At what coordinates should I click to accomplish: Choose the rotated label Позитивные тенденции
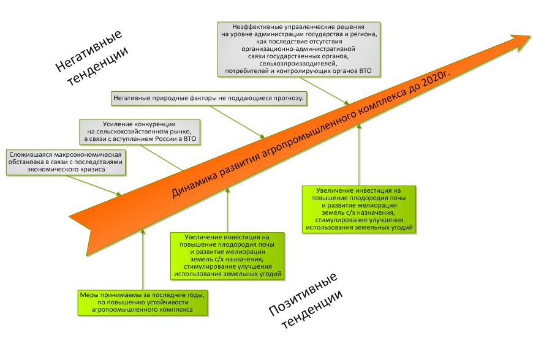(x=304, y=300)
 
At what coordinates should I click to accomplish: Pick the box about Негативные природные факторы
(x=209, y=97)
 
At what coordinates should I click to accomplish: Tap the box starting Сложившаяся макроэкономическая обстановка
(x=66, y=162)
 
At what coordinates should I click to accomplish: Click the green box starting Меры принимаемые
(x=143, y=302)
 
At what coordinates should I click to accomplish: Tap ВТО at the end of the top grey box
(x=371, y=72)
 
